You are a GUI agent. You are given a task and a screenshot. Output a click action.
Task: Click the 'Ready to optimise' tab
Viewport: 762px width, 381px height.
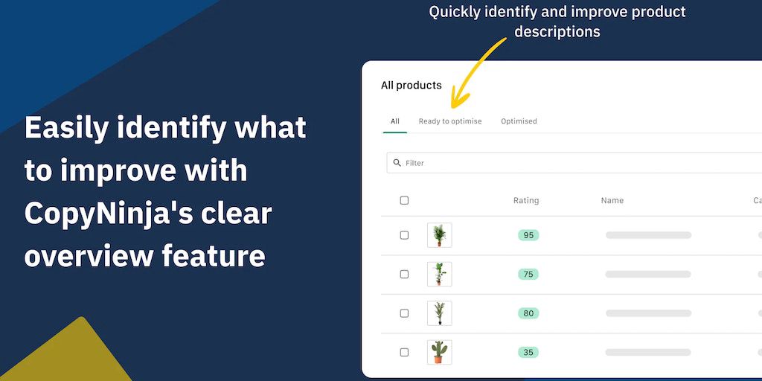tap(450, 121)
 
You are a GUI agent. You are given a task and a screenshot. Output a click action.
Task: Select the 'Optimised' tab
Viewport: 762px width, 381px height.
tap(519, 121)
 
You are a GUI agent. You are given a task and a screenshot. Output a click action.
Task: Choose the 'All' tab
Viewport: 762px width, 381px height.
tap(394, 121)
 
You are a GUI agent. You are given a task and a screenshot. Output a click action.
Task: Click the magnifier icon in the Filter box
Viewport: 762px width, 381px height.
tap(397, 163)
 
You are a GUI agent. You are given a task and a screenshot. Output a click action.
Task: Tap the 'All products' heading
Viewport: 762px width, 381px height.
tap(411, 86)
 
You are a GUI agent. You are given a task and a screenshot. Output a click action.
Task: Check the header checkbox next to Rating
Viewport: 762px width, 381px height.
tap(404, 200)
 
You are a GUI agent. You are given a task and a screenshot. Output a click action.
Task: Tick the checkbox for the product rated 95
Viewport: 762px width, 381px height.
tap(404, 235)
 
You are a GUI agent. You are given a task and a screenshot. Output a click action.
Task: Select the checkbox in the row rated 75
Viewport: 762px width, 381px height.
tap(404, 274)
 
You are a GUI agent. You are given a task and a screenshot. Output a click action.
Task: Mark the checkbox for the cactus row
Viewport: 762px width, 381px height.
tap(404, 352)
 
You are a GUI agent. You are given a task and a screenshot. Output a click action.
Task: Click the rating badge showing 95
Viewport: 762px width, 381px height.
tap(528, 235)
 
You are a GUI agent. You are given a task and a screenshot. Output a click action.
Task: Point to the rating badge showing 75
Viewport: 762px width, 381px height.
tap(528, 274)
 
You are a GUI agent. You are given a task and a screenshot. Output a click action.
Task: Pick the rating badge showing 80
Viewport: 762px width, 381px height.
tap(528, 313)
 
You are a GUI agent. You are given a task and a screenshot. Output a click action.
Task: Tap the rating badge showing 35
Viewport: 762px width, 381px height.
tap(528, 352)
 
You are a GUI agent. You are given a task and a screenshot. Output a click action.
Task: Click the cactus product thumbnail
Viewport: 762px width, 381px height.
tap(439, 352)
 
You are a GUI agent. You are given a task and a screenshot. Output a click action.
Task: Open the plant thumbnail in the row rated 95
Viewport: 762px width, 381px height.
tap(439, 235)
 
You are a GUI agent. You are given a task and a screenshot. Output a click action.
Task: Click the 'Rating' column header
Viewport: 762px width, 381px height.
tap(526, 200)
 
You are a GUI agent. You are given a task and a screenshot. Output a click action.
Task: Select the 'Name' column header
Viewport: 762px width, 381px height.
tap(612, 200)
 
